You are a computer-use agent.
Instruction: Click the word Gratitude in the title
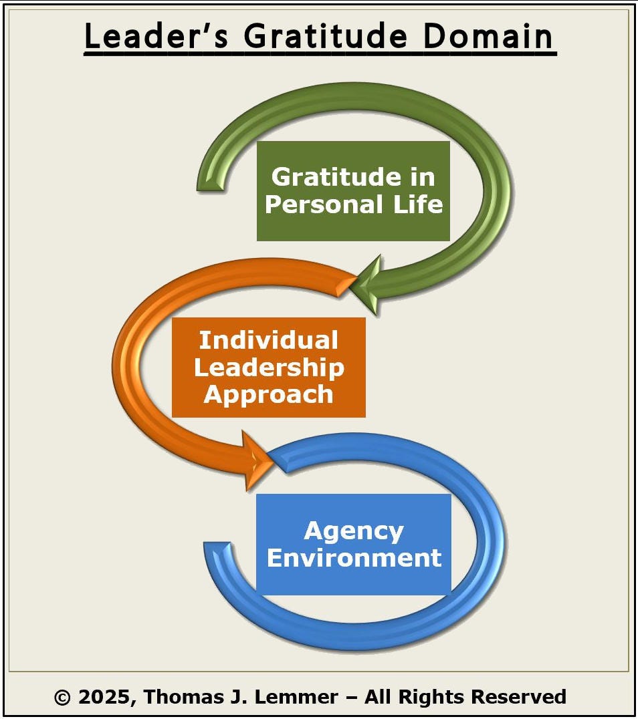[x=324, y=37]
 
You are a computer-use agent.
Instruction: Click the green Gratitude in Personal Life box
[x=353, y=191]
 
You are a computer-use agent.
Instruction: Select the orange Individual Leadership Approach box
[x=268, y=368]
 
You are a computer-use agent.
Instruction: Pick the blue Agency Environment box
[x=354, y=545]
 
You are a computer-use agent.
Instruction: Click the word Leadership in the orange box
[x=270, y=368]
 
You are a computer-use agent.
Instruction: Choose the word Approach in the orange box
[x=269, y=394]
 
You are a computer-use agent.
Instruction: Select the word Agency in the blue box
[x=354, y=531]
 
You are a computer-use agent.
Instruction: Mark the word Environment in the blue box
[x=354, y=557]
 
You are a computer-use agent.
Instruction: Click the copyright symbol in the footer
[x=62, y=698]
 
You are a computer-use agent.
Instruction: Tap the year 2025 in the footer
[x=105, y=698]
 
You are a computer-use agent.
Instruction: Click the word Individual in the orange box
[x=269, y=341]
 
